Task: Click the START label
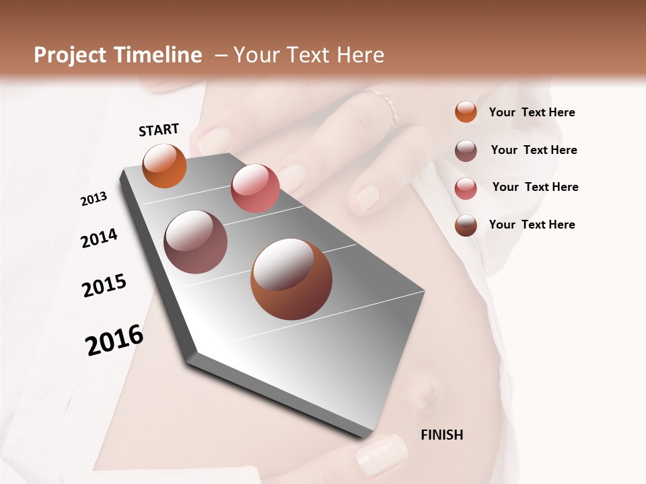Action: (x=159, y=129)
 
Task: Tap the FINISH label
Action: (x=441, y=435)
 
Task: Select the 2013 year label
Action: (x=94, y=199)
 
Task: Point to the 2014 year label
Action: (x=100, y=238)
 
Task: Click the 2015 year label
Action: (x=104, y=286)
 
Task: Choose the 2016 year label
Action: (x=114, y=340)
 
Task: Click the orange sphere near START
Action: (x=164, y=165)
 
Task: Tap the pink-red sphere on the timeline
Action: (x=255, y=188)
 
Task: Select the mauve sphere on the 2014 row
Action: (x=195, y=242)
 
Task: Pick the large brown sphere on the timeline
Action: (x=291, y=279)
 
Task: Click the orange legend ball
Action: (x=466, y=112)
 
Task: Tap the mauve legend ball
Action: (x=466, y=150)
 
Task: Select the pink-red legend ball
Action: (x=466, y=188)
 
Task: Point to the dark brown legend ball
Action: (x=466, y=225)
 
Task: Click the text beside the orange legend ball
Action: (x=532, y=112)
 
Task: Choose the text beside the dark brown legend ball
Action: (x=532, y=225)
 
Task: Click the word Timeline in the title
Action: (x=157, y=55)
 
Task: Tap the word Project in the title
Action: (x=71, y=55)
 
